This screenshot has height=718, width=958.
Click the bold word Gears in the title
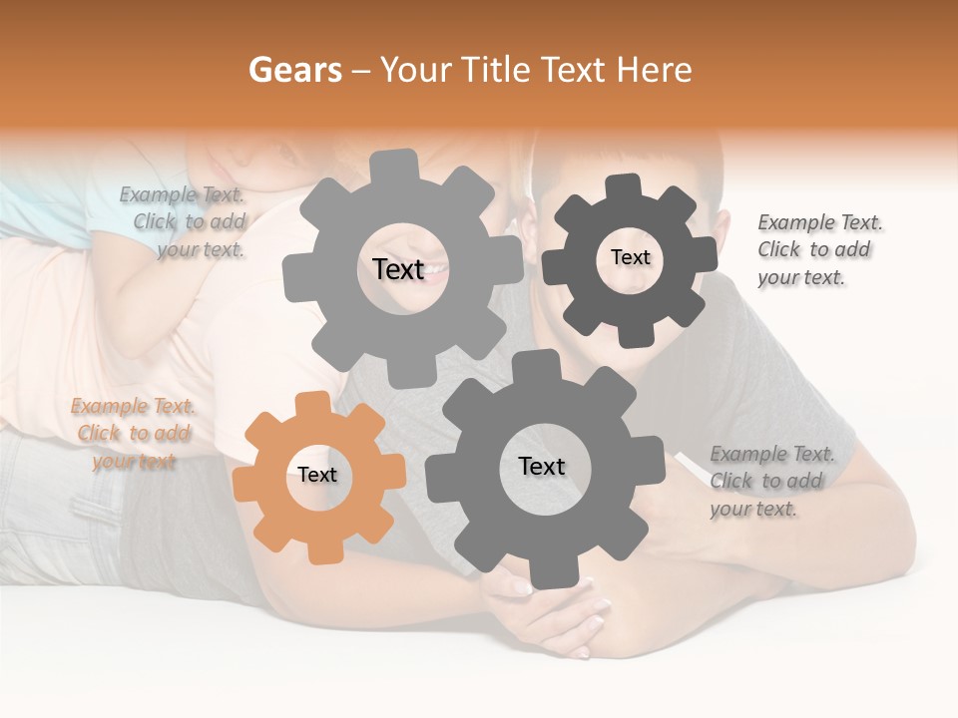pyautogui.click(x=295, y=70)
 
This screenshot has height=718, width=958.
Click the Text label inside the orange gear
pyautogui.click(x=317, y=475)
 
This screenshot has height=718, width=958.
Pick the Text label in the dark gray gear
pyautogui.click(x=630, y=257)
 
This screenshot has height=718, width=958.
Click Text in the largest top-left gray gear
pyautogui.click(x=398, y=268)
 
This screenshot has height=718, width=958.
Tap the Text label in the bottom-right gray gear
pyautogui.click(x=542, y=466)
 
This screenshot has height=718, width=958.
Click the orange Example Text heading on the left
pyautogui.click(x=133, y=406)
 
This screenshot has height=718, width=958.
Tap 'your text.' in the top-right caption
pyautogui.click(x=800, y=278)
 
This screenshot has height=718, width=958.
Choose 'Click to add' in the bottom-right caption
pyautogui.click(x=766, y=482)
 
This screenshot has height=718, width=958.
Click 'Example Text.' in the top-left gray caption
pyautogui.click(x=182, y=194)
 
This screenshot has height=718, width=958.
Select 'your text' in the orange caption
pyautogui.click(x=134, y=462)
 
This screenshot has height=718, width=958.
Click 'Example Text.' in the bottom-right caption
pyautogui.click(x=772, y=455)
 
